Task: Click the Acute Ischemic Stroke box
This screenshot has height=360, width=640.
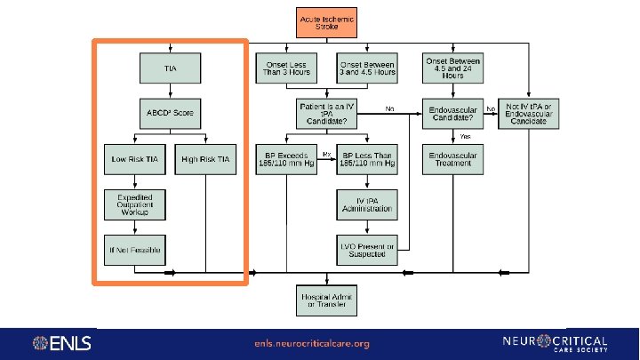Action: (326, 22)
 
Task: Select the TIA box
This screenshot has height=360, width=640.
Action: (170, 68)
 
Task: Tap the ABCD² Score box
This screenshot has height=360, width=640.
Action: (170, 113)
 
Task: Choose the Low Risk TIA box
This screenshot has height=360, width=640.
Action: (133, 159)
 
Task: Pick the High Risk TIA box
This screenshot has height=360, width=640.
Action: (205, 159)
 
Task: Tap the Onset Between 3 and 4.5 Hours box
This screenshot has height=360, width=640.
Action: (365, 68)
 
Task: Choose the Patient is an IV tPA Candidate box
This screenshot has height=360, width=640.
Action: (326, 113)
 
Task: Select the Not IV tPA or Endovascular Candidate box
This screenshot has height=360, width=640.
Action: (530, 113)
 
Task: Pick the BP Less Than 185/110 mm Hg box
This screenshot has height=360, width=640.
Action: (365, 159)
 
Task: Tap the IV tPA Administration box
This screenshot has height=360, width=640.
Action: (365, 205)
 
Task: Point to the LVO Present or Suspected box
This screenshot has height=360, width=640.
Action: (365, 251)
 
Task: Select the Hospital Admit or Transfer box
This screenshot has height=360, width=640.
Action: (326, 300)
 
